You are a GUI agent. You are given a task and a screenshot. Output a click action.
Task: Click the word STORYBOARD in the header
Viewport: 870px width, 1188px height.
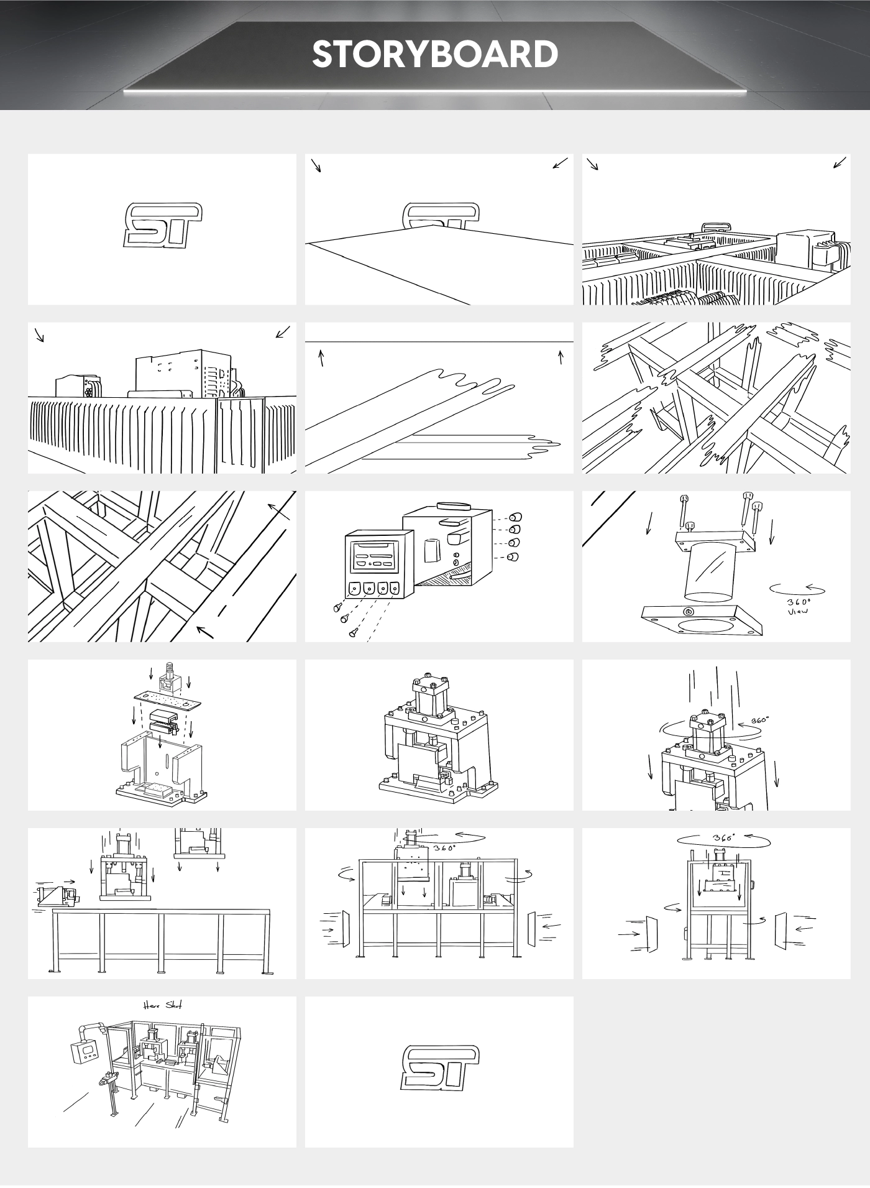point(435,55)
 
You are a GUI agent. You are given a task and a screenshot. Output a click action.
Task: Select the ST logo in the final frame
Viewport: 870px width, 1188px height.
point(440,1067)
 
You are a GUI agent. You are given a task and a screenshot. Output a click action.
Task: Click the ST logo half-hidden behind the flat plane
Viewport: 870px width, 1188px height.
point(441,215)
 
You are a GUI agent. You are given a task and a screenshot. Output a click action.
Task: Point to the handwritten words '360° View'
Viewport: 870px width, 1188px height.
point(798,607)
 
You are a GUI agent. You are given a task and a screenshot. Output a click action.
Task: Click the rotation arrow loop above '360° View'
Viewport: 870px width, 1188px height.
point(797,589)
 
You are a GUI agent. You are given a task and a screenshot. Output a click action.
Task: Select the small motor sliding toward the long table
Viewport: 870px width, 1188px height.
point(57,896)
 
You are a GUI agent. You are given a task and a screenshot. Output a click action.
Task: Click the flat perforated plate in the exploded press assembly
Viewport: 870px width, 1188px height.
point(168,699)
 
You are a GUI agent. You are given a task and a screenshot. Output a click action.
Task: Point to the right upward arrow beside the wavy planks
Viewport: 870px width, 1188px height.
point(561,357)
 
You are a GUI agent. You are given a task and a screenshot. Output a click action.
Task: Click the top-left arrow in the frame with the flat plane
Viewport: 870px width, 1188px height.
point(316,165)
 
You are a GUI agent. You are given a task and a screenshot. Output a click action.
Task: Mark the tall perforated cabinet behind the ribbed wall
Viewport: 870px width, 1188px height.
point(185,372)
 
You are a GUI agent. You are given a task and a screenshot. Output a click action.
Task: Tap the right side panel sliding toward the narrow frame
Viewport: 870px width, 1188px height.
point(781,931)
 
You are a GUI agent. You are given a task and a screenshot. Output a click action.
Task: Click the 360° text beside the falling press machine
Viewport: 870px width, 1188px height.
point(759,721)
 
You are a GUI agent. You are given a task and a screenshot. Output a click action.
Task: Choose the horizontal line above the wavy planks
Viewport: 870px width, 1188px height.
point(439,342)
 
